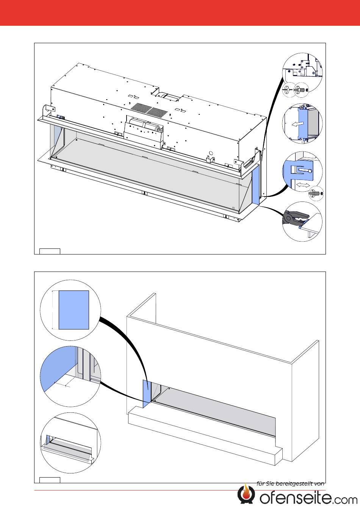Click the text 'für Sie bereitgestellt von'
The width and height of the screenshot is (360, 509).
pos(291,483)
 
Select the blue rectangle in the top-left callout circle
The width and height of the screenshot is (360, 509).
pos(74,310)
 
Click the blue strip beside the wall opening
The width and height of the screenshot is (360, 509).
pos(147,394)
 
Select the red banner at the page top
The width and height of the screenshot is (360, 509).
pos(180,12)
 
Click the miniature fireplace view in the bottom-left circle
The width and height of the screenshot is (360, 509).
pos(68,447)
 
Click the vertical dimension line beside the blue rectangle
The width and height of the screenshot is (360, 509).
pos(52,310)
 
